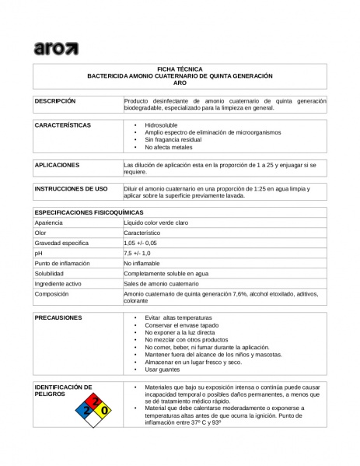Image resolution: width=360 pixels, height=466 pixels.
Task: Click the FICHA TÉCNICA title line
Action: click(179, 69)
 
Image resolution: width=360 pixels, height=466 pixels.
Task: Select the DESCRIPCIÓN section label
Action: click(54, 101)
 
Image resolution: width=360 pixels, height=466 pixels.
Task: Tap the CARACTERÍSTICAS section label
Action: click(63, 124)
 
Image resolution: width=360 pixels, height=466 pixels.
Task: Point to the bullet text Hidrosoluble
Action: click(162, 124)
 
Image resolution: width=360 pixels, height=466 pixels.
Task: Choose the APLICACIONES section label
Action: click(57, 166)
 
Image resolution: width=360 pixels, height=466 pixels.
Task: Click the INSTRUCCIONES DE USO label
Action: click(71, 189)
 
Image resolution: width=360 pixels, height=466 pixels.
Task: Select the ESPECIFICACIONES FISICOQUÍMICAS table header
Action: click(89, 212)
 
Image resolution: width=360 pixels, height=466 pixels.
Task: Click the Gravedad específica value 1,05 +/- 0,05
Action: click(145, 243)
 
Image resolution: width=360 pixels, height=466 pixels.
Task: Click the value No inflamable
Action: click(142, 264)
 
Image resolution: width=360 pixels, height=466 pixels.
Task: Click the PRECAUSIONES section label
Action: click(58, 318)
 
